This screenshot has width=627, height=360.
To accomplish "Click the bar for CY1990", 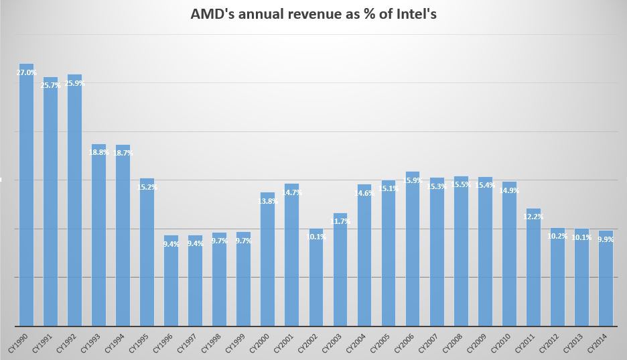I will point(26,194).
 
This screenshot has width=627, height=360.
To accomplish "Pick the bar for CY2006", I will point(412,248).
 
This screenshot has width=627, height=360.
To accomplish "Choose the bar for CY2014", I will point(605,278).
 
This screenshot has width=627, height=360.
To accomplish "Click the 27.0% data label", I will point(26,73).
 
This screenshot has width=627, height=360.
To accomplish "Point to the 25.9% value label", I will point(74,84).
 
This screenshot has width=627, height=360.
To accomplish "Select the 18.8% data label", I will point(98,152).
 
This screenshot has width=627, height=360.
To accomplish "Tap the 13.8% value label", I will point(267,201).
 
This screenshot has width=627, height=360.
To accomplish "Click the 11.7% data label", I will point(340,221).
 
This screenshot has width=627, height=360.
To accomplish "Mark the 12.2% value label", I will point(533,217).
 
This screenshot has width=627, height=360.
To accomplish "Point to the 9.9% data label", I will point(606,239).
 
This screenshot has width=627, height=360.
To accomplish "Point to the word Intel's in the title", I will point(413,14).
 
